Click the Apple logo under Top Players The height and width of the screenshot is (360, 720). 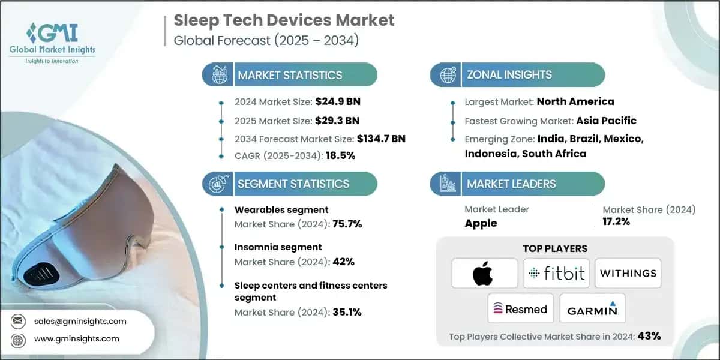tap(484, 274)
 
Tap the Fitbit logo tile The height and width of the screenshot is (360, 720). tap(556, 274)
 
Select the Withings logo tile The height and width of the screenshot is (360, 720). tap(628, 274)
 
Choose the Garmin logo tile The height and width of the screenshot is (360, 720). tap(592, 308)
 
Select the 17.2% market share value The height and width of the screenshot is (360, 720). tap(617, 222)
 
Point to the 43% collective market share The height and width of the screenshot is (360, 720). tap(650, 336)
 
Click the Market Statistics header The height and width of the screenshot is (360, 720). tap(290, 75)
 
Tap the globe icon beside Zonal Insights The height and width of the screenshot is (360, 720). tap(446, 75)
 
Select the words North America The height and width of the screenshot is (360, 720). tap(575, 101)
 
